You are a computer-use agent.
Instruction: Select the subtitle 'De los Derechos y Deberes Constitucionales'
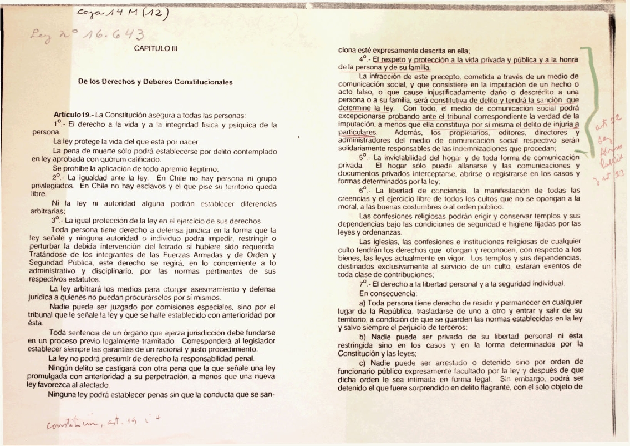(155, 82)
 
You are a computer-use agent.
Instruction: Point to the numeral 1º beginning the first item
(58, 123)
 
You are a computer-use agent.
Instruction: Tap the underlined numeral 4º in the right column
(364, 58)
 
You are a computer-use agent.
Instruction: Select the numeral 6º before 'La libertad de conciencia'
(364, 189)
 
